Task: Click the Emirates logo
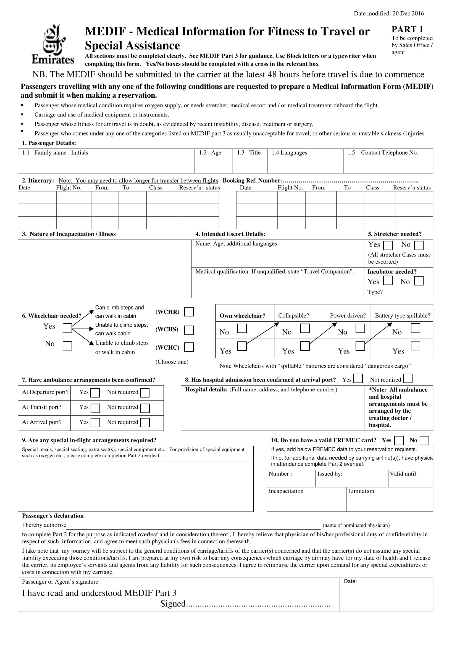pyautogui.click(x=52, y=44)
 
